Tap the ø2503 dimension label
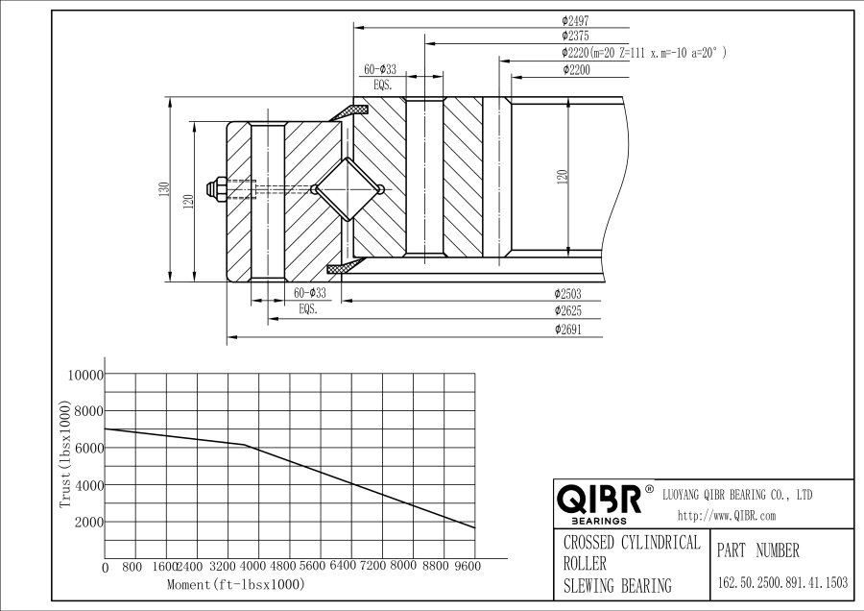click(x=567, y=293)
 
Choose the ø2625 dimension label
click(x=567, y=311)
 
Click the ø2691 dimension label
click(x=567, y=330)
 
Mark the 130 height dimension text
click(x=164, y=190)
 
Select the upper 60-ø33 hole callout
click(x=380, y=70)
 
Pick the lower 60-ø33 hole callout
click(x=309, y=293)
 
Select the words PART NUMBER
click(x=757, y=551)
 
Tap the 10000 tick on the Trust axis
click(x=83, y=375)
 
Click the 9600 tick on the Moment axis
click(x=467, y=567)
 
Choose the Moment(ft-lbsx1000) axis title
click(x=235, y=584)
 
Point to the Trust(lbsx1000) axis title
click(x=66, y=456)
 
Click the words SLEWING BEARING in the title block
click(x=617, y=586)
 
